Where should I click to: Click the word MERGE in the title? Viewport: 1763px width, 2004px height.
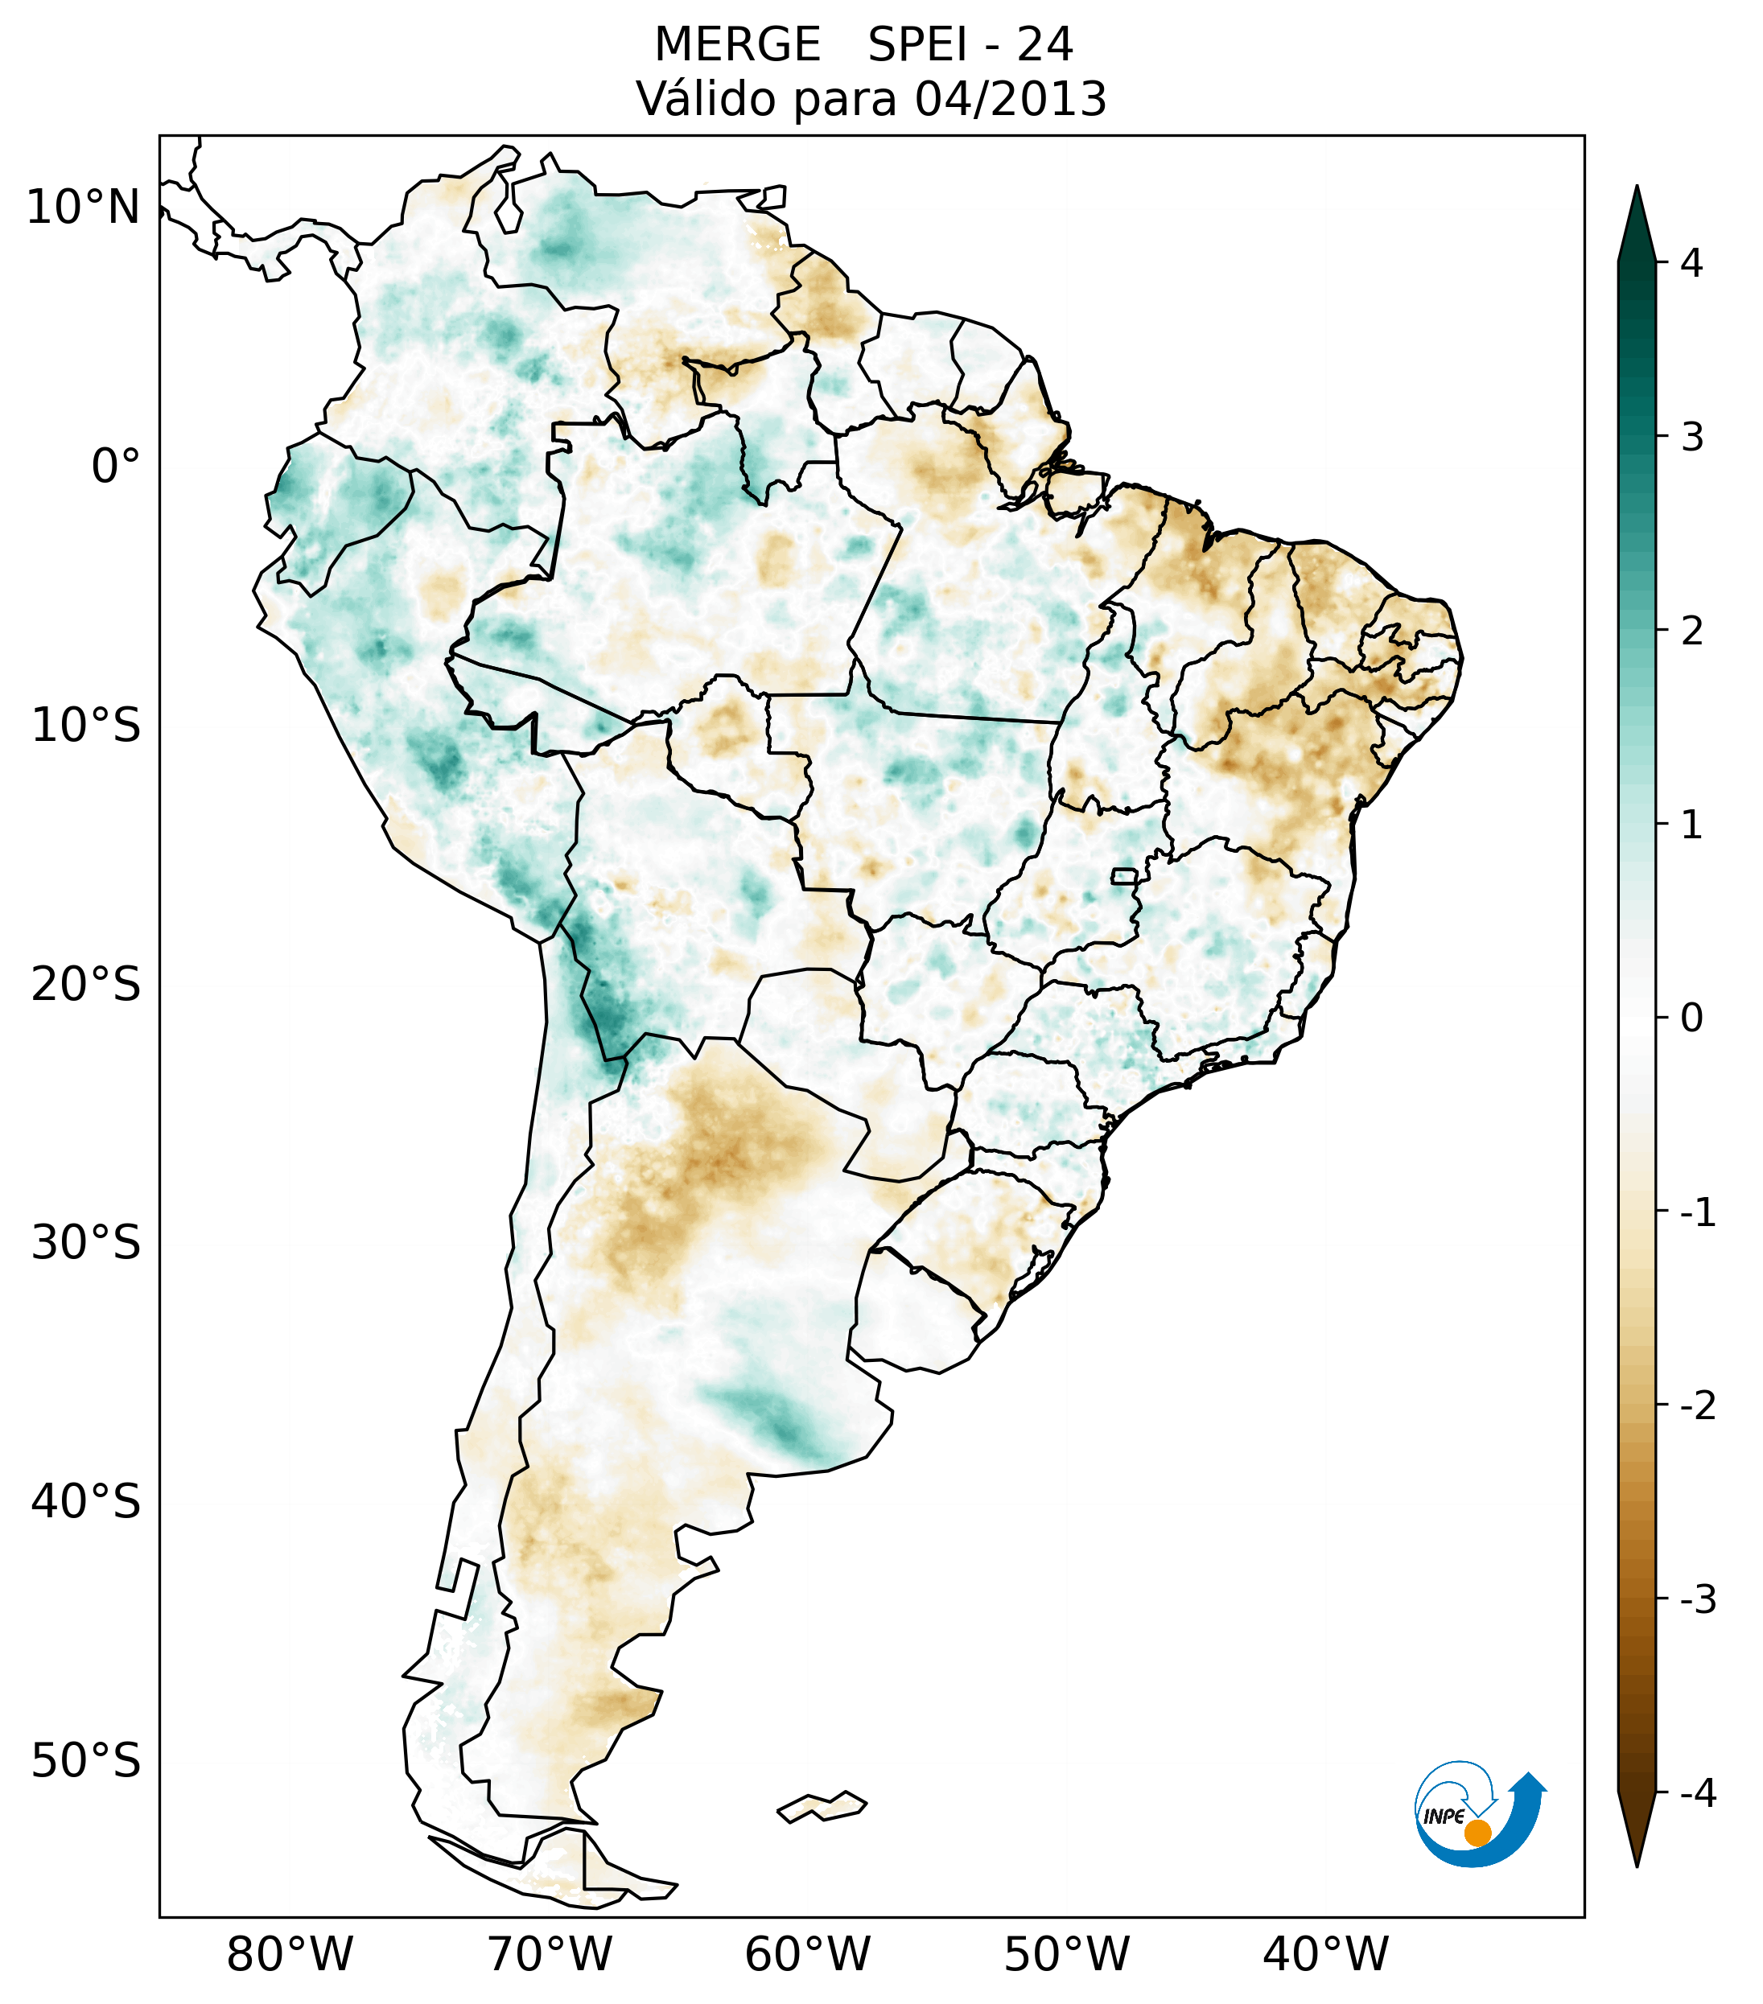point(736,45)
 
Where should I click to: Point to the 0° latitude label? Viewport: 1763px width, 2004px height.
point(116,467)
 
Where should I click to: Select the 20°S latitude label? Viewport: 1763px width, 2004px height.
point(86,985)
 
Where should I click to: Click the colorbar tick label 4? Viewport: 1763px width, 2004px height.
point(1691,263)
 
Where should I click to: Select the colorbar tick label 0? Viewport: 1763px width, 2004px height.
point(1691,1018)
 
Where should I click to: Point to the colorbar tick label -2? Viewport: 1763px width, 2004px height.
point(1696,1406)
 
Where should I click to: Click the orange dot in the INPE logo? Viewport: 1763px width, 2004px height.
point(1477,1833)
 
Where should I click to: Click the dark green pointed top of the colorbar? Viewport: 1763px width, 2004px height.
point(1637,220)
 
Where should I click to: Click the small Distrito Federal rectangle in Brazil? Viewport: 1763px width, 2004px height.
point(1125,875)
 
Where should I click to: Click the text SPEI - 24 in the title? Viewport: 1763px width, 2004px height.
point(970,45)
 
